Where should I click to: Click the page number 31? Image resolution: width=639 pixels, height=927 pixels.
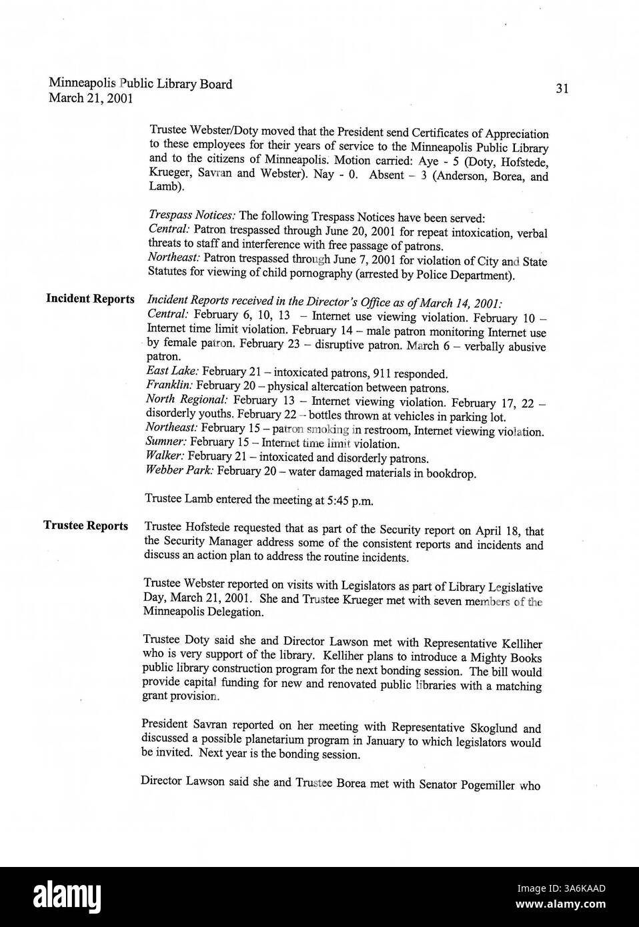point(561,89)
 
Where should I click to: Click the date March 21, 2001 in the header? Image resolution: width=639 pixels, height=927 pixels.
point(91,99)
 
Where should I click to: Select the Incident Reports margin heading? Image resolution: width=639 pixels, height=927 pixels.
point(90,298)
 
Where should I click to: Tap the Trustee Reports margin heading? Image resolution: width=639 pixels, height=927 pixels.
point(86,526)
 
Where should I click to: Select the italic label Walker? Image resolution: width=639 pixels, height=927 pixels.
point(165,458)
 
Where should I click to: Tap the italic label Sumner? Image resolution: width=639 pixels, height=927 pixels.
point(166,443)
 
